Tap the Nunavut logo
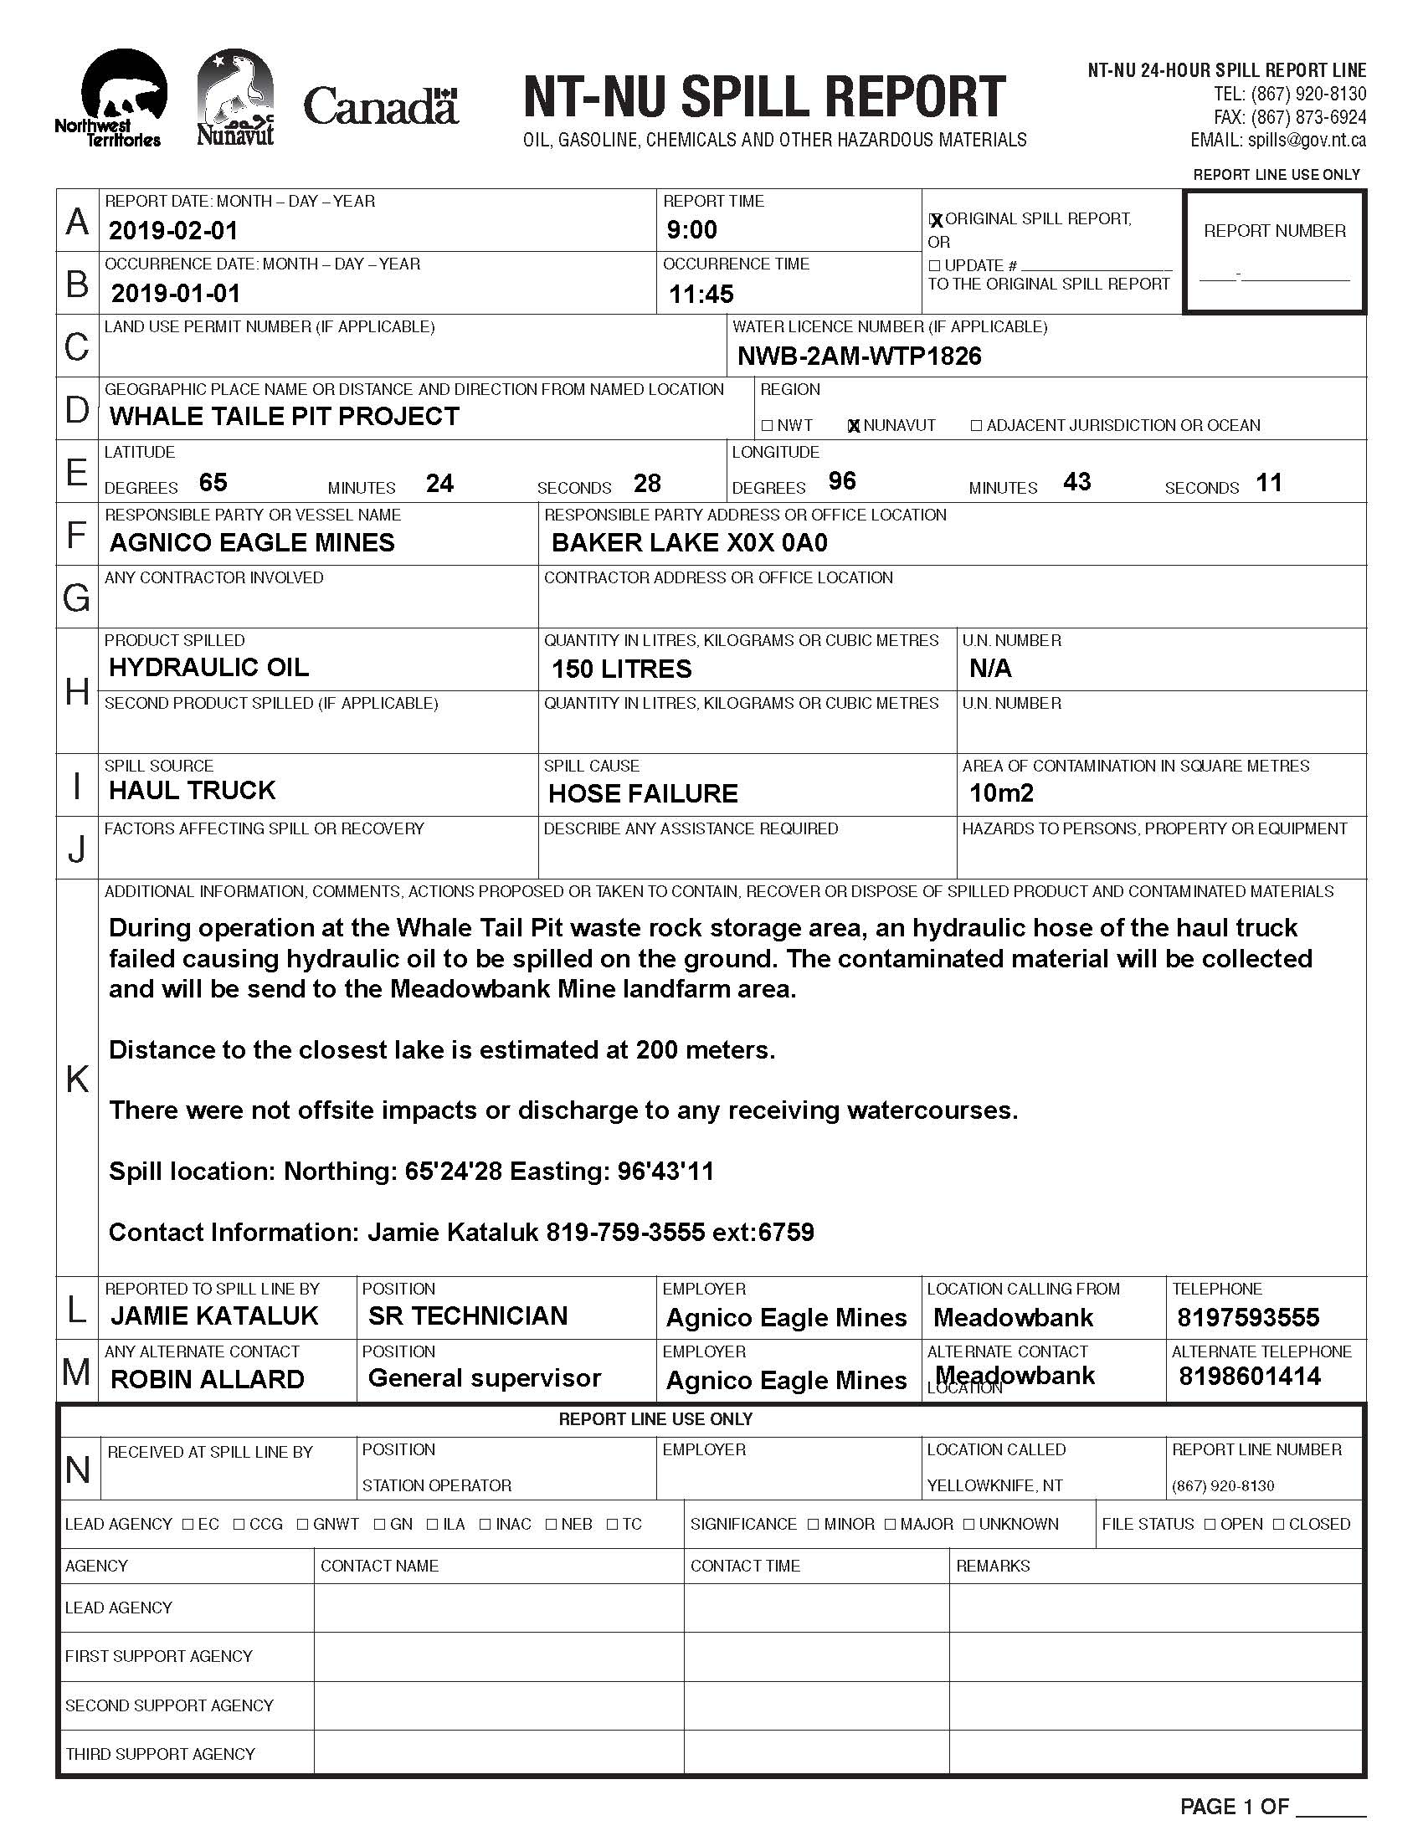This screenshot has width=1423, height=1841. (235, 98)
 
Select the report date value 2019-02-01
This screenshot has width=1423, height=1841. (173, 230)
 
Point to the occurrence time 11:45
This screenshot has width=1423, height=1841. (701, 294)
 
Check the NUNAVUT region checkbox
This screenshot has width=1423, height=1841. (853, 426)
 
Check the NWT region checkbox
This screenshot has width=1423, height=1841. (766, 426)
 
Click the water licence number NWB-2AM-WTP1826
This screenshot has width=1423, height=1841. (859, 356)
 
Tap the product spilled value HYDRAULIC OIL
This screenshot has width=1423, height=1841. (208, 667)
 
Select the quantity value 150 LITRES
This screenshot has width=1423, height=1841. (620, 669)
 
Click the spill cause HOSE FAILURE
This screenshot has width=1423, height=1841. (642, 793)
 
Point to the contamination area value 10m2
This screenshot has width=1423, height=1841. (1000, 792)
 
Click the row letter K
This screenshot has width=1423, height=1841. (77, 1078)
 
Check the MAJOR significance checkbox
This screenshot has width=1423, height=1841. (891, 1524)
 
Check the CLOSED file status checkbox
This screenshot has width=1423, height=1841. (1278, 1524)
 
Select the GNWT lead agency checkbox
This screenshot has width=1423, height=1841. (303, 1524)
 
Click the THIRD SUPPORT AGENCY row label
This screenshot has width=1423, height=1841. (159, 1754)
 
